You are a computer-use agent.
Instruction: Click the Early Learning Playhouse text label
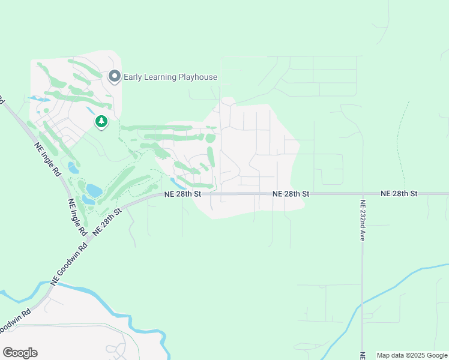170,77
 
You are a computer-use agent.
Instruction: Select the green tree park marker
101,122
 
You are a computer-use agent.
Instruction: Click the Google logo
20,353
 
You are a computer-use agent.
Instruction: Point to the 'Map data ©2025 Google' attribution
412,355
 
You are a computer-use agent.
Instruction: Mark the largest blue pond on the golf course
94,191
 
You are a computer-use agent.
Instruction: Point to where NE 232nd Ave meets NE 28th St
362,194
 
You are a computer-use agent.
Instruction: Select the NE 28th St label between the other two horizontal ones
291,194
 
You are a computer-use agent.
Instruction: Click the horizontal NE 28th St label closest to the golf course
182,194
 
